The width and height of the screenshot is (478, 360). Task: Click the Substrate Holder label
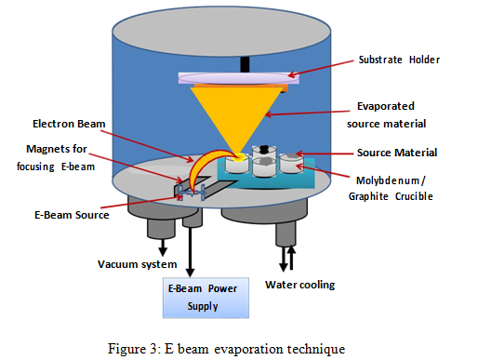pyautogui.click(x=397, y=60)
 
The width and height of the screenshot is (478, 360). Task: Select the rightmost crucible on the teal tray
pyautogui.click(x=297, y=164)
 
